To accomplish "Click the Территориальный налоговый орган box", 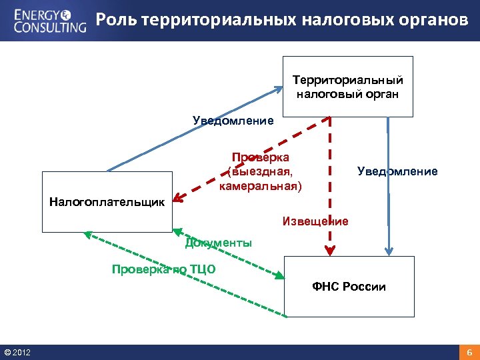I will click(347, 87).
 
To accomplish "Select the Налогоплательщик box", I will click(107, 203).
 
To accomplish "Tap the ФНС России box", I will click(349, 287).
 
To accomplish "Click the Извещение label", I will click(315, 221).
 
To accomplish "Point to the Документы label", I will click(219, 243).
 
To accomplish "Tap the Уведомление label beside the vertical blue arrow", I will click(397, 171).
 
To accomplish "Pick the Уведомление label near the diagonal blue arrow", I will click(233, 121).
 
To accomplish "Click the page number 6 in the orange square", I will click(469, 352).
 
